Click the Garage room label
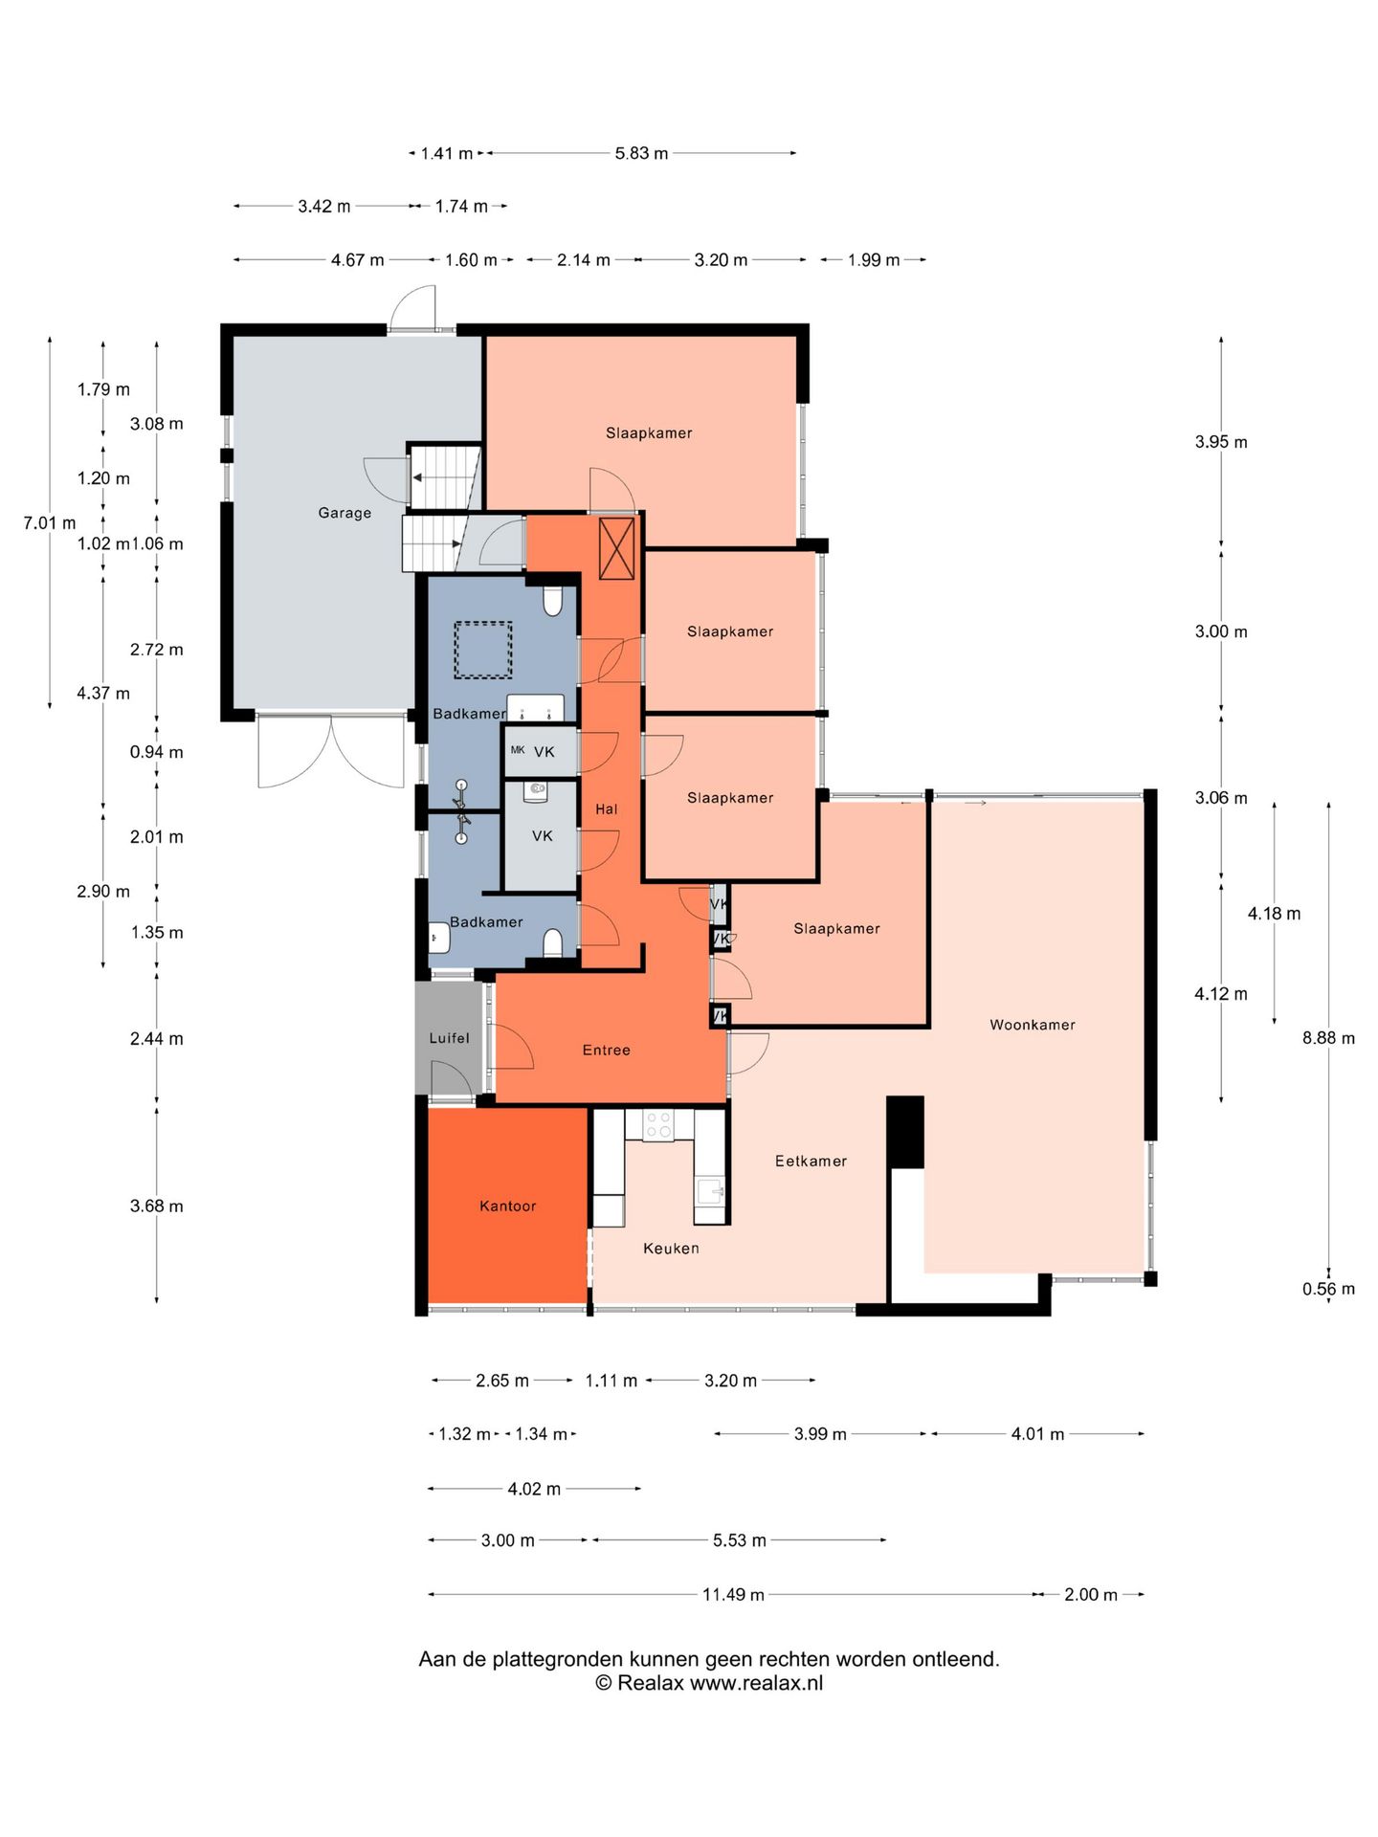(x=344, y=513)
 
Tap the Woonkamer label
(x=1033, y=1025)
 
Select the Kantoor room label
(x=507, y=1206)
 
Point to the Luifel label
(x=449, y=1038)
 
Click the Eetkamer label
(x=811, y=1161)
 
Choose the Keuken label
(x=671, y=1248)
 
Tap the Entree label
(x=607, y=1050)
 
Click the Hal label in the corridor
(x=607, y=808)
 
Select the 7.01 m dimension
(x=50, y=522)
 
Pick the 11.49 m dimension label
(x=733, y=1594)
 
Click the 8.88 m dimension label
(x=1328, y=1037)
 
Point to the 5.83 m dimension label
(x=641, y=152)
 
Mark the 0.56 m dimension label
(x=1328, y=1289)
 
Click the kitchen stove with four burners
(x=658, y=1123)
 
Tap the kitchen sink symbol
(x=709, y=1192)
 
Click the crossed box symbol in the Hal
(x=616, y=547)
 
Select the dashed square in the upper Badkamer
(x=482, y=650)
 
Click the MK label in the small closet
(x=518, y=750)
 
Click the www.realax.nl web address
(x=756, y=1683)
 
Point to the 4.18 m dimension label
(x=1274, y=913)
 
